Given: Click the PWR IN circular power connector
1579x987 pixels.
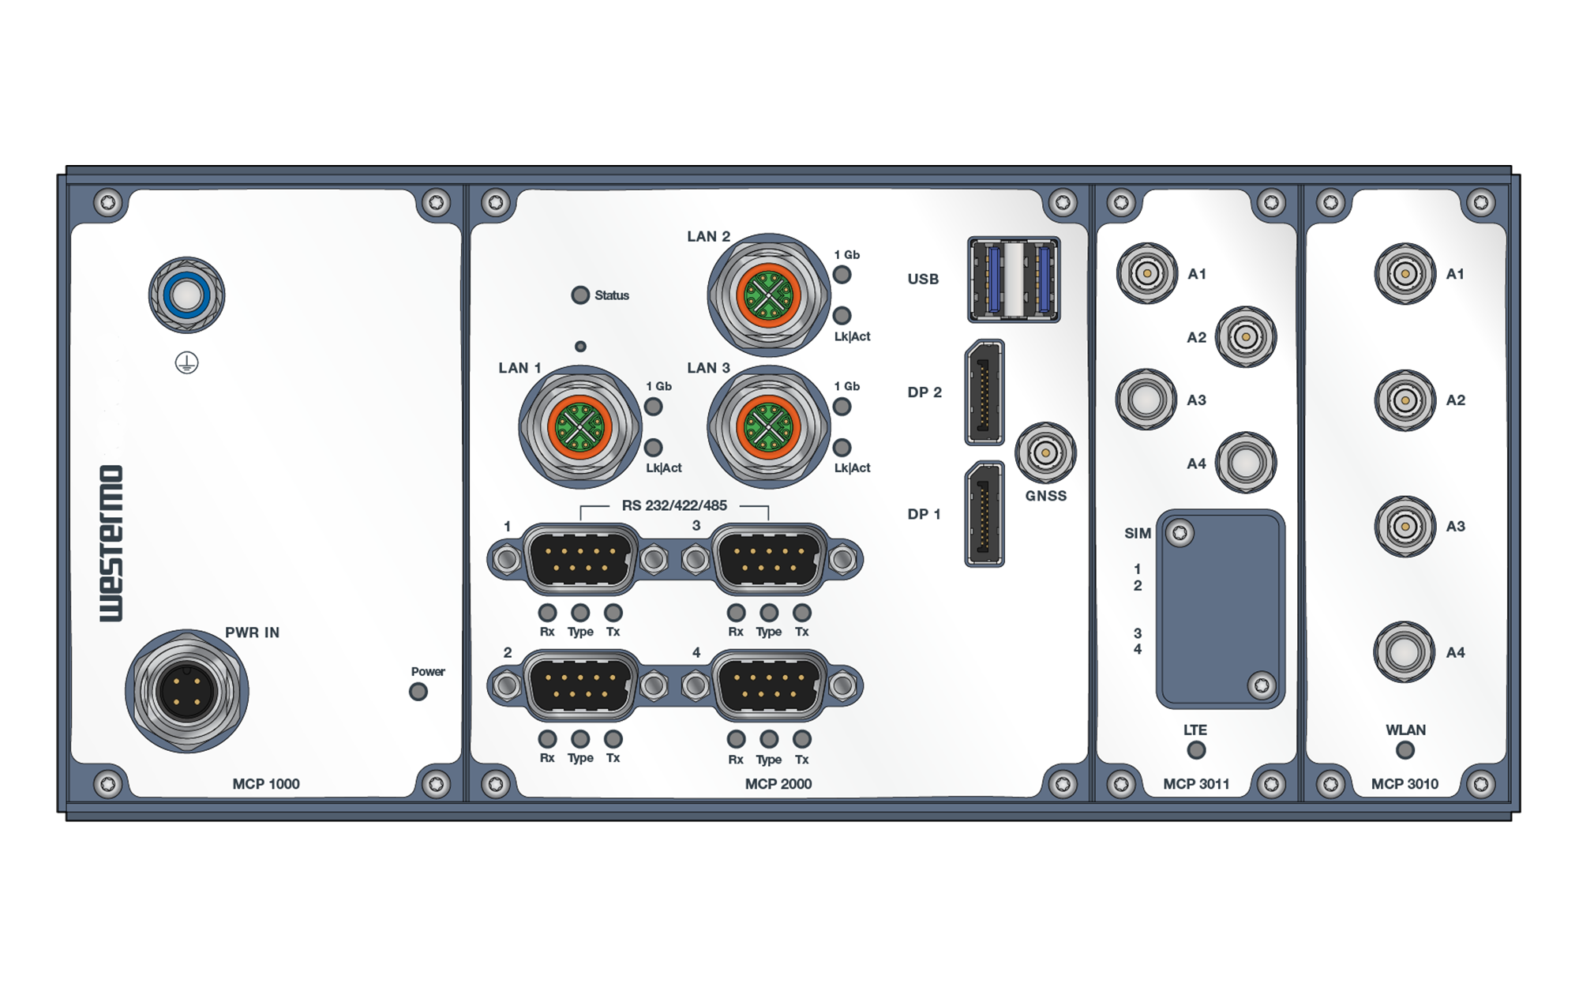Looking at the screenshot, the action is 187,691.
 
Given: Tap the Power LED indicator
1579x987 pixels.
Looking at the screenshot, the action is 418,692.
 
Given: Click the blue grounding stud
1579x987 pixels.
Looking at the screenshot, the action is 187,295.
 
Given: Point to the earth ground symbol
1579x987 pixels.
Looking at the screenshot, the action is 187,363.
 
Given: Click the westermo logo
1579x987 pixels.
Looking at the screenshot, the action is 111,543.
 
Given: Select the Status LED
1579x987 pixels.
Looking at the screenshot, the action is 580,295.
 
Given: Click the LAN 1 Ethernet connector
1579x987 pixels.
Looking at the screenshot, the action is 580,427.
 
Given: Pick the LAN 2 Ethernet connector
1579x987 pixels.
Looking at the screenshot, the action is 769,295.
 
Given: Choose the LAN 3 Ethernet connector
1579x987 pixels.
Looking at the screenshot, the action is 769,427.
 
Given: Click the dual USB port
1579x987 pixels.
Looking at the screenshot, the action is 1015,280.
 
